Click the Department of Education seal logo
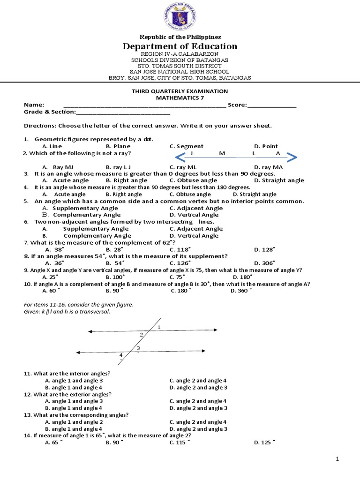pyautogui.click(x=180, y=16)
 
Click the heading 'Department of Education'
pyautogui.click(x=180, y=46)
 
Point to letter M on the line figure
pyautogui.click(x=222, y=153)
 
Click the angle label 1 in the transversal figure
pyautogui.click(x=159, y=327)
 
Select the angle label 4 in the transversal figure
pyautogui.click(x=120, y=355)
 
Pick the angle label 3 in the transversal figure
pyautogui.click(x=138, y=348)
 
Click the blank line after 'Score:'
pyautogui.click(x=272, y=105)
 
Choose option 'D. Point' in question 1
pyautogui.click(x=266, y=146)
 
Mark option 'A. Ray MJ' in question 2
pyautogui.click(x=58, y=167)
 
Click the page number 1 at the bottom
pyautogui.click(x=337, y=459)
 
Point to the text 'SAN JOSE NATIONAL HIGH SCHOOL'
pyautogui.click(x=180, y=72)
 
